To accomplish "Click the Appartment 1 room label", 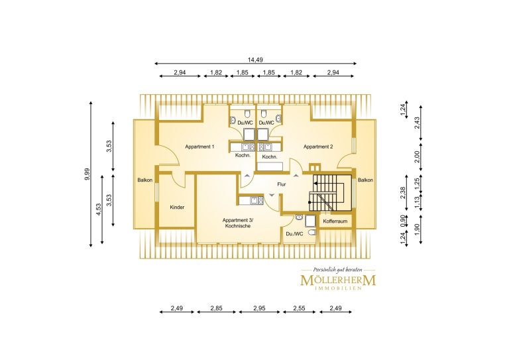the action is pyautogui.click(x=199, y=147).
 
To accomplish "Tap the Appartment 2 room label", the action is pyautogui.click(x=318, y=147).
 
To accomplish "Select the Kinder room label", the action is pyautogui.click(x=177, y=207).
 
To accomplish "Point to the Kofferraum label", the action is pyautogui.click(x=335, y=221).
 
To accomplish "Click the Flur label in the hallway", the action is pyautogui.click(x=282, y=184).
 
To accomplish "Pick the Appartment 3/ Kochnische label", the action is pyautogui.click(x=238, y=223).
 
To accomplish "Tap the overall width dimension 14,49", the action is pyautogui.click(x=255, y=60).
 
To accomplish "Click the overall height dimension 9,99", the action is pyautogui.click(x=86, y=174).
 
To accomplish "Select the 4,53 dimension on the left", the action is pyautogui.click(x=99, y=210).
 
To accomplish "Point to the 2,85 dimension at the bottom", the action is pyautogui.click(x=216, y=308).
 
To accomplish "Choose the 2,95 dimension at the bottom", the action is pyautogui.click(x=259, y=308).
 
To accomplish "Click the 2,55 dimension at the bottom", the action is pyautogui.click(x=299, y=308).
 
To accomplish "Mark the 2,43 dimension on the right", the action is pyautogui.click(x=418, y=123).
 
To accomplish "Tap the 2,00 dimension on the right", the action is pyautogui.click(x=418, y=156).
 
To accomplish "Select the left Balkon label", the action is pyautogui.click(x=144, y=180).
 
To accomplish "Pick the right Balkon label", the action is pyautogui.click(x=366, y=180).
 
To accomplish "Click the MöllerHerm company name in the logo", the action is pyautogui.click(x=338, y=280).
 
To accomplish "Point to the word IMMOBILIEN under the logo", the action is pyautogui.click(x=338, y=288).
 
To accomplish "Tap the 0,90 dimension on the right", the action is pyautogui.click(x=404, y=221).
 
